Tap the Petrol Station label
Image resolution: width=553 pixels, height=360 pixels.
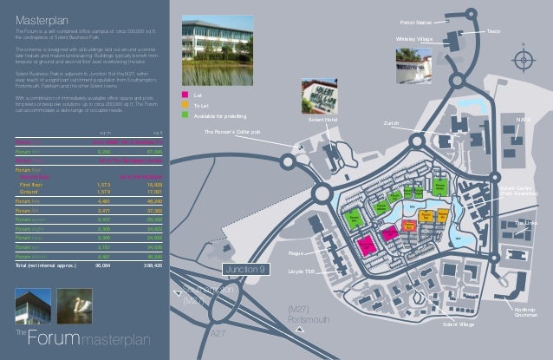(x=416, y=23)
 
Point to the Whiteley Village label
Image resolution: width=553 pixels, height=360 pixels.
(x=413, y=39)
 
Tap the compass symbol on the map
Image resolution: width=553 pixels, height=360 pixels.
(x=521, y=58)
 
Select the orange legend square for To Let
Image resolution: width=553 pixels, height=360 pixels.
(x=185, y=104)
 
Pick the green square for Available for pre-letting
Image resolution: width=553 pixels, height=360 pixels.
(x=185, y=114)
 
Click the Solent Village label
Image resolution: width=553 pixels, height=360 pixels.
(x=457, y=324)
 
